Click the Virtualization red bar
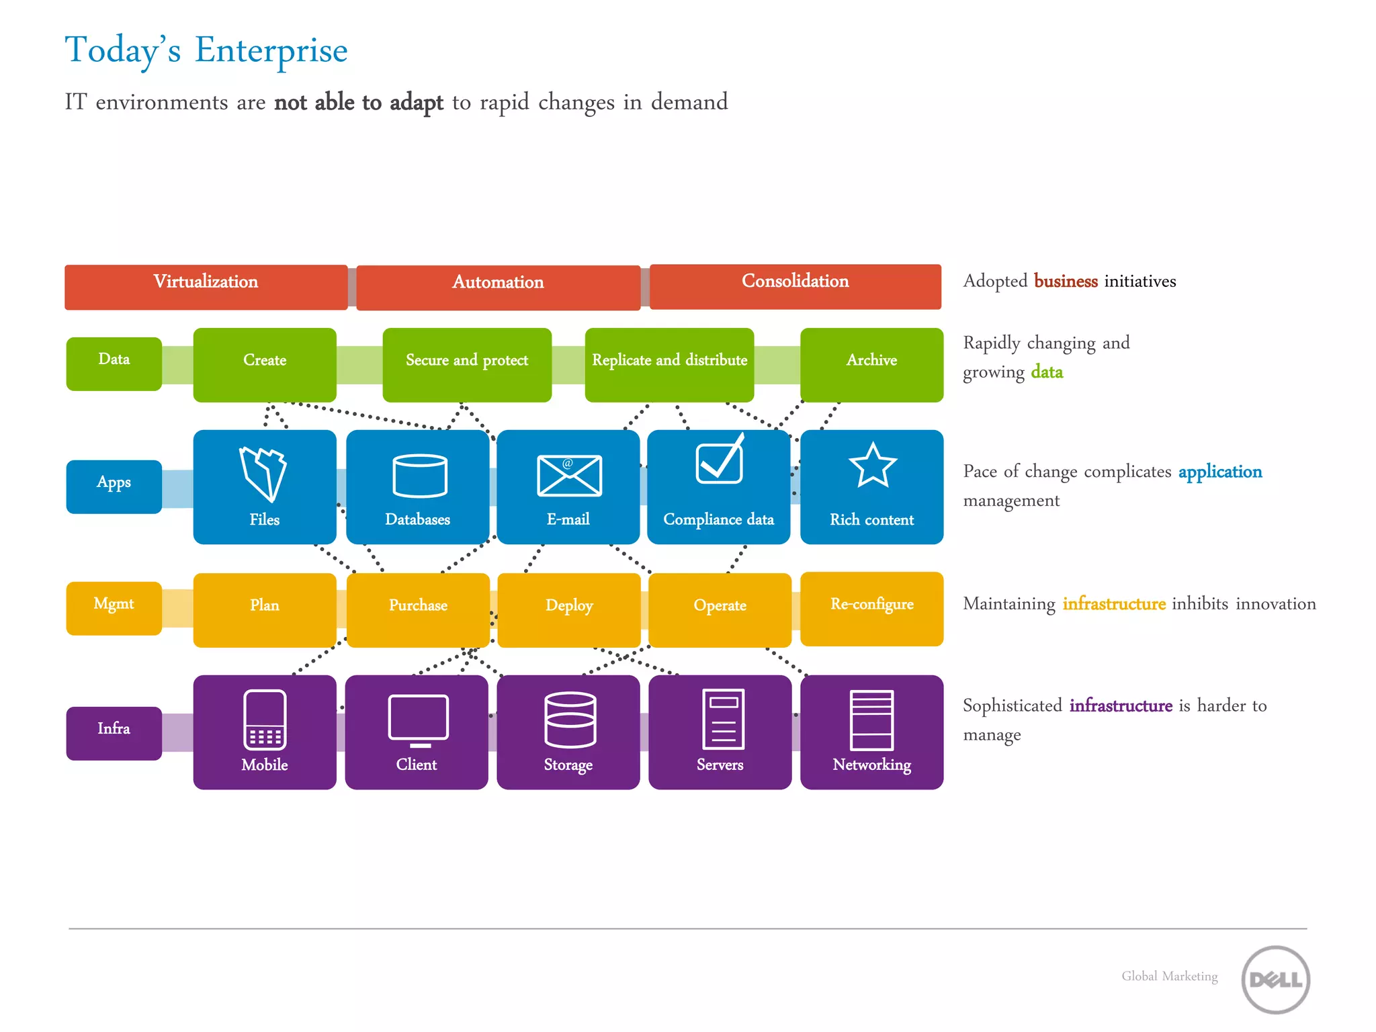206,287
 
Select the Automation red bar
498,288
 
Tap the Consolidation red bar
795,286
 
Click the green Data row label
114,363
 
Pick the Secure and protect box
467,365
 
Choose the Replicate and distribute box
669,365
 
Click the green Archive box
871,365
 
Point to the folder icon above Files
263,474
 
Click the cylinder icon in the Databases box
420,476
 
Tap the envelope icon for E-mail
569,476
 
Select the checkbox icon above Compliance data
720,460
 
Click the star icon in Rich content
872,466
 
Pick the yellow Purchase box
418,609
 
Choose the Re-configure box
871,608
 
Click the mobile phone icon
265,719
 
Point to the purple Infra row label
114,733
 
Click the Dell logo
1275,980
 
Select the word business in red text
1066,281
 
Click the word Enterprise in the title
271,50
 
